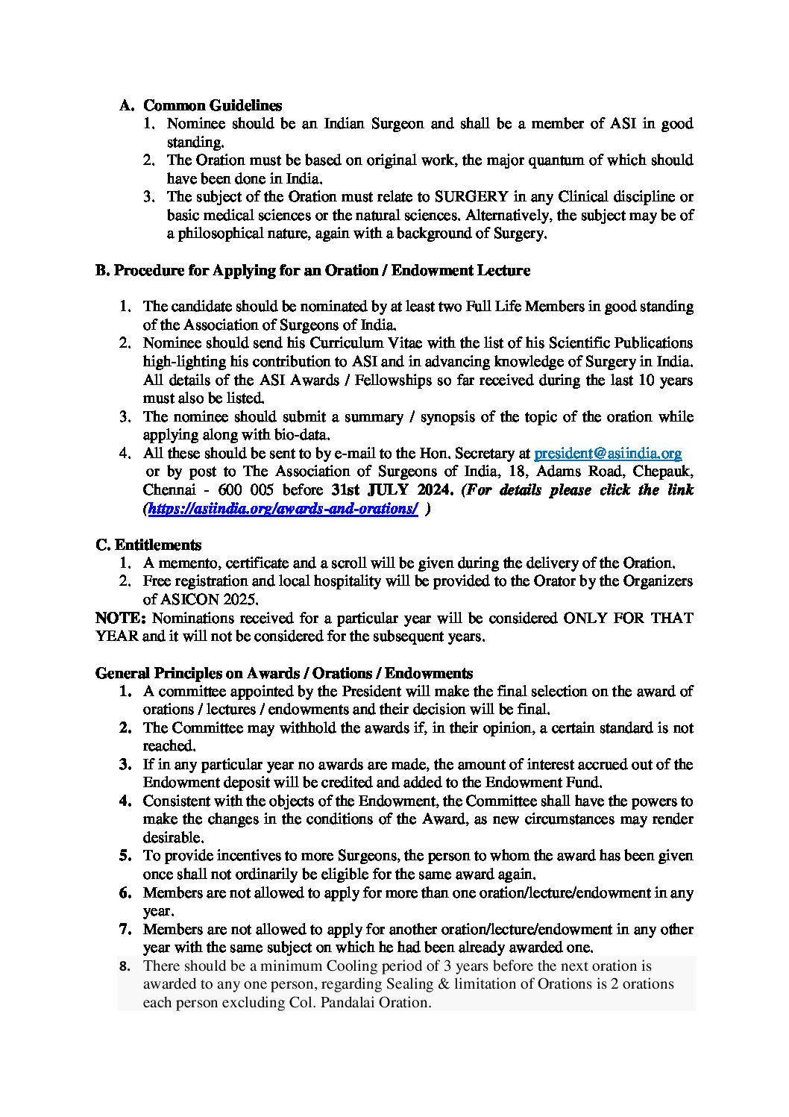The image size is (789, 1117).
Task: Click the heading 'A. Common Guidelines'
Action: (x=201, y=105)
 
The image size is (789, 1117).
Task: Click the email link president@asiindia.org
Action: (x=608, y=453)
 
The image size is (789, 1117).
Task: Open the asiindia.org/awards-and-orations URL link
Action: (x=283, y=509)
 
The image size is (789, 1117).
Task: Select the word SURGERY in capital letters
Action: (x=472, y=197)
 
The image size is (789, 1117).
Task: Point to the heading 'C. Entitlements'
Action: (x=148, y=545)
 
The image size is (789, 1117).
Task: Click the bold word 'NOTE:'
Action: (x=122, y=618)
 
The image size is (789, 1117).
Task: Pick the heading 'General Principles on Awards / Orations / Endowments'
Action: (x=283, y=673)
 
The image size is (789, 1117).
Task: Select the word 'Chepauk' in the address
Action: (x=666, y=472)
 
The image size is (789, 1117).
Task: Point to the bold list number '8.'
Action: (x=125, y=966)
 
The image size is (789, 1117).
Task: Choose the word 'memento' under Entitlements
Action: (x=189, y=563)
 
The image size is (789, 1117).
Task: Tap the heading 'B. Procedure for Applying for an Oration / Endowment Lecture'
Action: (x=312, y=270)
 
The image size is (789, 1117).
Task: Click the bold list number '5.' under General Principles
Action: (x=125, y=856)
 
